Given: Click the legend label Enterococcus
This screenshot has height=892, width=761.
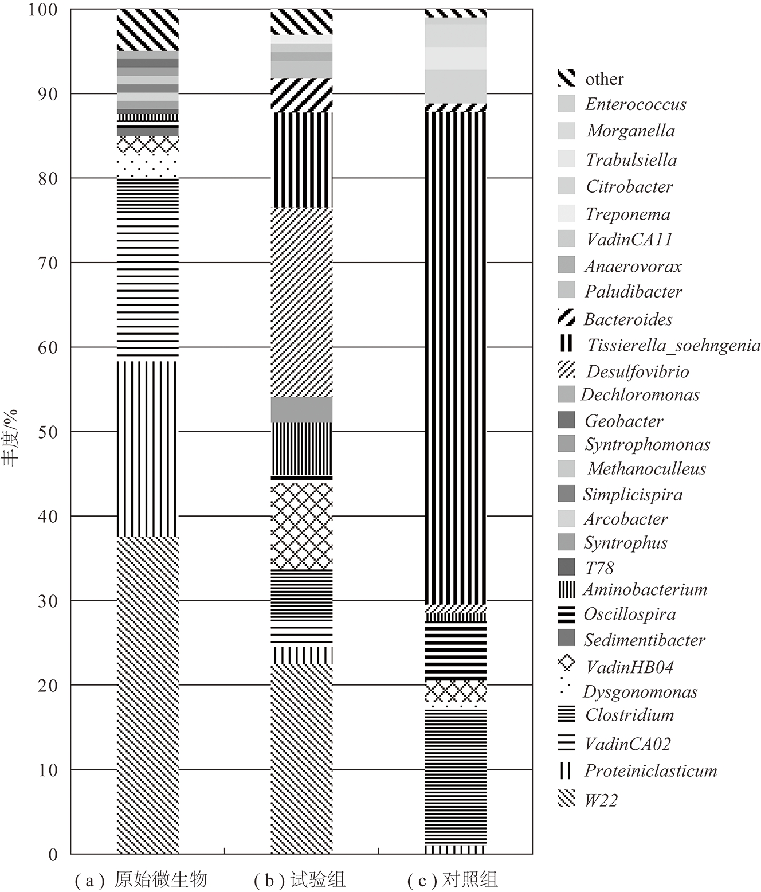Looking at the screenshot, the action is click(635, 104).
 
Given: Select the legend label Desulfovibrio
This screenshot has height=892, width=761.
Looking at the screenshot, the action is click(638, 371).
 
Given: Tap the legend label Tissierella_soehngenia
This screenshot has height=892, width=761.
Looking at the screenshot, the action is click(673, 345).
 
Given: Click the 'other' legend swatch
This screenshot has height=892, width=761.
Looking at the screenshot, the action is click(566, 78).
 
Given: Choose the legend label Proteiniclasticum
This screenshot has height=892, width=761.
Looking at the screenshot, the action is click(650, 770).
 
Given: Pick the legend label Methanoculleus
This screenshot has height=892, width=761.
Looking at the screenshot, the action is click(646, 469).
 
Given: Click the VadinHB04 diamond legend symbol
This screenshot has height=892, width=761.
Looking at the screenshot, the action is click(566, 663).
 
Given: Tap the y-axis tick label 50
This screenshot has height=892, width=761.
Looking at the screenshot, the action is click(48, 432).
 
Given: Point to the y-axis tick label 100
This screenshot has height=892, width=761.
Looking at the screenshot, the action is click(43, 10).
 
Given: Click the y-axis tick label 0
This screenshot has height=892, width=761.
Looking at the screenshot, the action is click(53, 855).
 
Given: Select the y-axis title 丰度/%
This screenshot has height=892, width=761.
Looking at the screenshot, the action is click(10, 437).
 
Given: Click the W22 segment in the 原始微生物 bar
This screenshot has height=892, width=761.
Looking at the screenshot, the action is click(147, 694).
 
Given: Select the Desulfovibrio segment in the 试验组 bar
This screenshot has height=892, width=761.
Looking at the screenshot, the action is click(301, 302).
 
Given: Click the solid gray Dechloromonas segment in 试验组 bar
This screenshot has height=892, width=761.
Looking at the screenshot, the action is click(301, 410).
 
